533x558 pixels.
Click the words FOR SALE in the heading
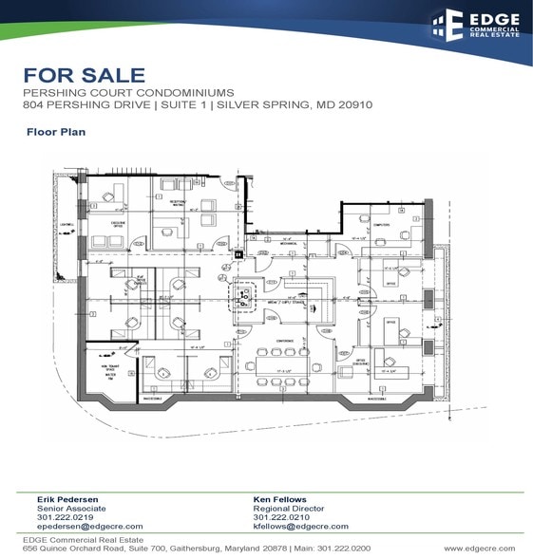tap(85, 75)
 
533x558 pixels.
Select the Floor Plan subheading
tap(56, 132)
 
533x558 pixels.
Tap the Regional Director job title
tap(286, 508)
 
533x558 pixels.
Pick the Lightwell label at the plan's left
tap(67, 225)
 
